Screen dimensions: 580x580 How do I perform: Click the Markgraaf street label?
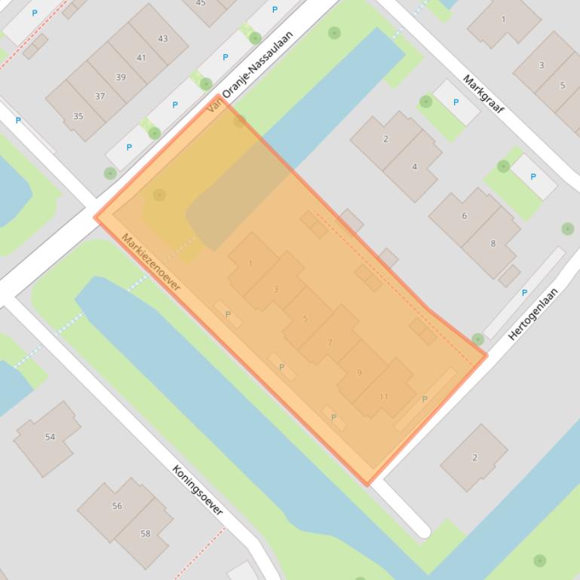[x=483, y=93]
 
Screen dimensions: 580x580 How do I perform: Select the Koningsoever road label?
[x=198, y=490]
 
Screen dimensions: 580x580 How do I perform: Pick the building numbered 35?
[x=78, y=116]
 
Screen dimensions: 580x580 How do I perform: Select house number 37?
[x=100, y=96]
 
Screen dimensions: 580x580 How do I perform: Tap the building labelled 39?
[x=121, y=77]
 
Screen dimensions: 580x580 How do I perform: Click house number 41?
[x=141, y=57]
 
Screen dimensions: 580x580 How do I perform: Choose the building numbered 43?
[x=163, y=38]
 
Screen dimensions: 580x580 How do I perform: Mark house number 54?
[x=50, y=436]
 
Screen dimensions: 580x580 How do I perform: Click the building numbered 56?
[x=117, y=505]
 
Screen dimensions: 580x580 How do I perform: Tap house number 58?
[x=145, y=533]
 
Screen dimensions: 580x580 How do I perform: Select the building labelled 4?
[x=414, y=166]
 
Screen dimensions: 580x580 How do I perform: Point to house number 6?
[x=464, y=215]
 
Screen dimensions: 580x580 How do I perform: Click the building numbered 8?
[x=493, y=243]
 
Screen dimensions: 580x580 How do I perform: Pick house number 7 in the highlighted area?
[x=330, y=343]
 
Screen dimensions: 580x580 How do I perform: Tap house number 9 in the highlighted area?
[x=359, y=372]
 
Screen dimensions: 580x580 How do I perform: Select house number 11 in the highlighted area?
[x=384, y=396]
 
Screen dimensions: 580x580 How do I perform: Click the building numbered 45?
[x=201, y=5]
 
